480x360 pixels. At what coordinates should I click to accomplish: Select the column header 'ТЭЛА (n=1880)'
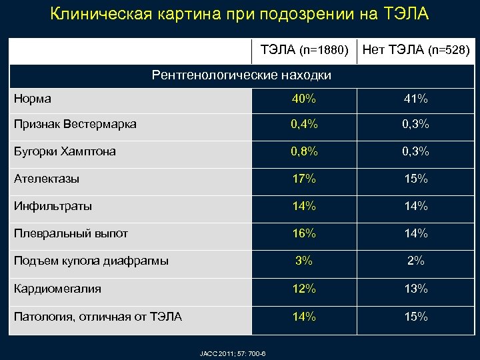click(304, 50)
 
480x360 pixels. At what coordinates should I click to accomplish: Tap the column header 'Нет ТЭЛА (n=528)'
click(416, 50)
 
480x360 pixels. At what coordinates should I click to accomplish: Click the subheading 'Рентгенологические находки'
click(241, 75)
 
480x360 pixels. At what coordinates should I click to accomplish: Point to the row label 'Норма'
click(33, 99)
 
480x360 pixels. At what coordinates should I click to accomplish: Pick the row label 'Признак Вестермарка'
click(75, 124)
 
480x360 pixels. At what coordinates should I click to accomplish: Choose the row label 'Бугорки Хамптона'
click(65, 151)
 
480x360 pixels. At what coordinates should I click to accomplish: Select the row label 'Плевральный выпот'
click(71, 233)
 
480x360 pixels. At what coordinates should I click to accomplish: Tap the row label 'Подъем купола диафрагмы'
click(91, 261)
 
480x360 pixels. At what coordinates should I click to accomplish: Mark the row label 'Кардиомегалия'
click(58, 289)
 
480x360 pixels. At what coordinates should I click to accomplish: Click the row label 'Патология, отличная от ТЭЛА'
click(98, 316)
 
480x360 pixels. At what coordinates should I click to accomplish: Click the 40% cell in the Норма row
click(303, 99)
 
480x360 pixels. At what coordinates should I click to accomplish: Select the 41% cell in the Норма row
click(416, 99)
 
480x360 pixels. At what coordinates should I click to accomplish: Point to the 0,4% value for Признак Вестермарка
click(303, 124)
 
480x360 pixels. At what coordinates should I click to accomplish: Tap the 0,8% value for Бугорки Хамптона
click(303, 151)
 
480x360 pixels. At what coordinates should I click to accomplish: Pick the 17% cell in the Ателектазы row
click(303, 179)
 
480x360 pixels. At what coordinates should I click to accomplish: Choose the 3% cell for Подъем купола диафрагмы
click(303, 261)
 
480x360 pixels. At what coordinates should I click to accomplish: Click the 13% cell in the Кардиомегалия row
click(416, 289)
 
